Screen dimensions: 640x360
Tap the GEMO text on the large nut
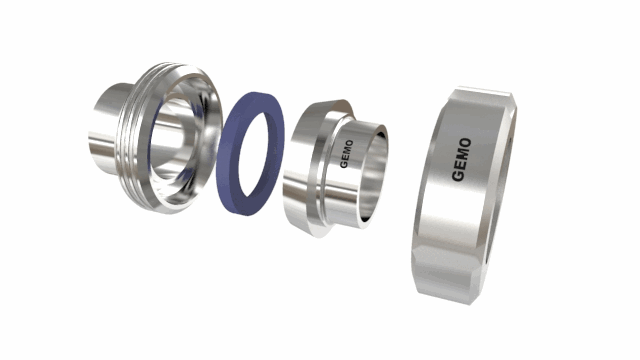(x=462, y=160)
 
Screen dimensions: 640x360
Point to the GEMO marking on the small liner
(x=347, y=154)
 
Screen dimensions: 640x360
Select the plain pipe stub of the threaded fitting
(x=104, y=129)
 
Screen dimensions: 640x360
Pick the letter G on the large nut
(x=458, y=175)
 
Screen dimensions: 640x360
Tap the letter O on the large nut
(x=465, y=143)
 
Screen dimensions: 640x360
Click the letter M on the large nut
(x=463, y=153)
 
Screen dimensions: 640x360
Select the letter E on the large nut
(x=460, y=163)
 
